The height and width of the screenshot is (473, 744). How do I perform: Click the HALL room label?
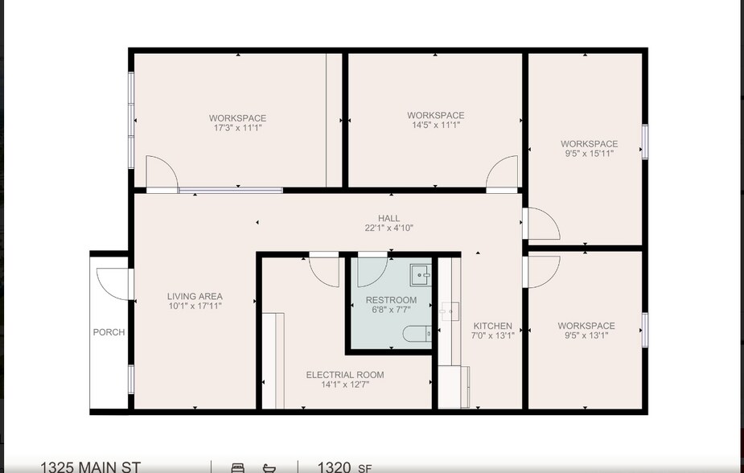(388, 218)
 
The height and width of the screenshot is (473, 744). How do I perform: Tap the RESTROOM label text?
(391, 300)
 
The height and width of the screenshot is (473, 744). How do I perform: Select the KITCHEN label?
(493, 326)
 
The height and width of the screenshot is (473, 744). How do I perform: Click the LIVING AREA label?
(195, 296)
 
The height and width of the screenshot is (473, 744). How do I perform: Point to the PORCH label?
(109, 332)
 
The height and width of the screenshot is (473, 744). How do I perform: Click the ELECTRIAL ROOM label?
(344, 375)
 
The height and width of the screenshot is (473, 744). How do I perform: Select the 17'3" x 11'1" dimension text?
(237, 128)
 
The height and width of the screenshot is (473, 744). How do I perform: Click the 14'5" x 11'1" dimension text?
(435, 125)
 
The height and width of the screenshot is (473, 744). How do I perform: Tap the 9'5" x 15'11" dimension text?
(589, 154)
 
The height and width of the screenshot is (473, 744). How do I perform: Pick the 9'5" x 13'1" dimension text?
(586, 335)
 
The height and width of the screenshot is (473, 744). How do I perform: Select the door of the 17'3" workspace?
(162, 173)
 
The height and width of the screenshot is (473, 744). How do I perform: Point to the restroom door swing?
(371, 271)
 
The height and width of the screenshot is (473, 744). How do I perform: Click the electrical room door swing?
(324, 271)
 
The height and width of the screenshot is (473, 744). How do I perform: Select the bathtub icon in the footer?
(269, 467)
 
